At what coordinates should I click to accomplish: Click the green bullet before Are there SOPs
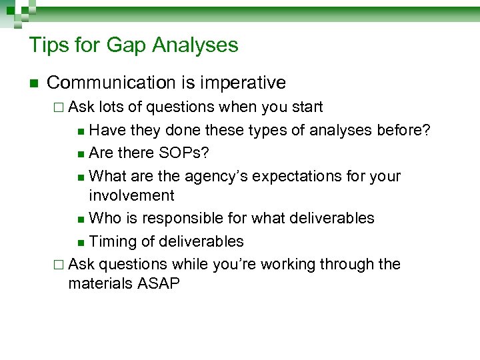(x=80, y=154)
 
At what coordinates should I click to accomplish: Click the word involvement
(x=131, y=195)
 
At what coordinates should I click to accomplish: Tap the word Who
(x=104, y=218)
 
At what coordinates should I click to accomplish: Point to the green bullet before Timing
(x=80, y=242)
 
